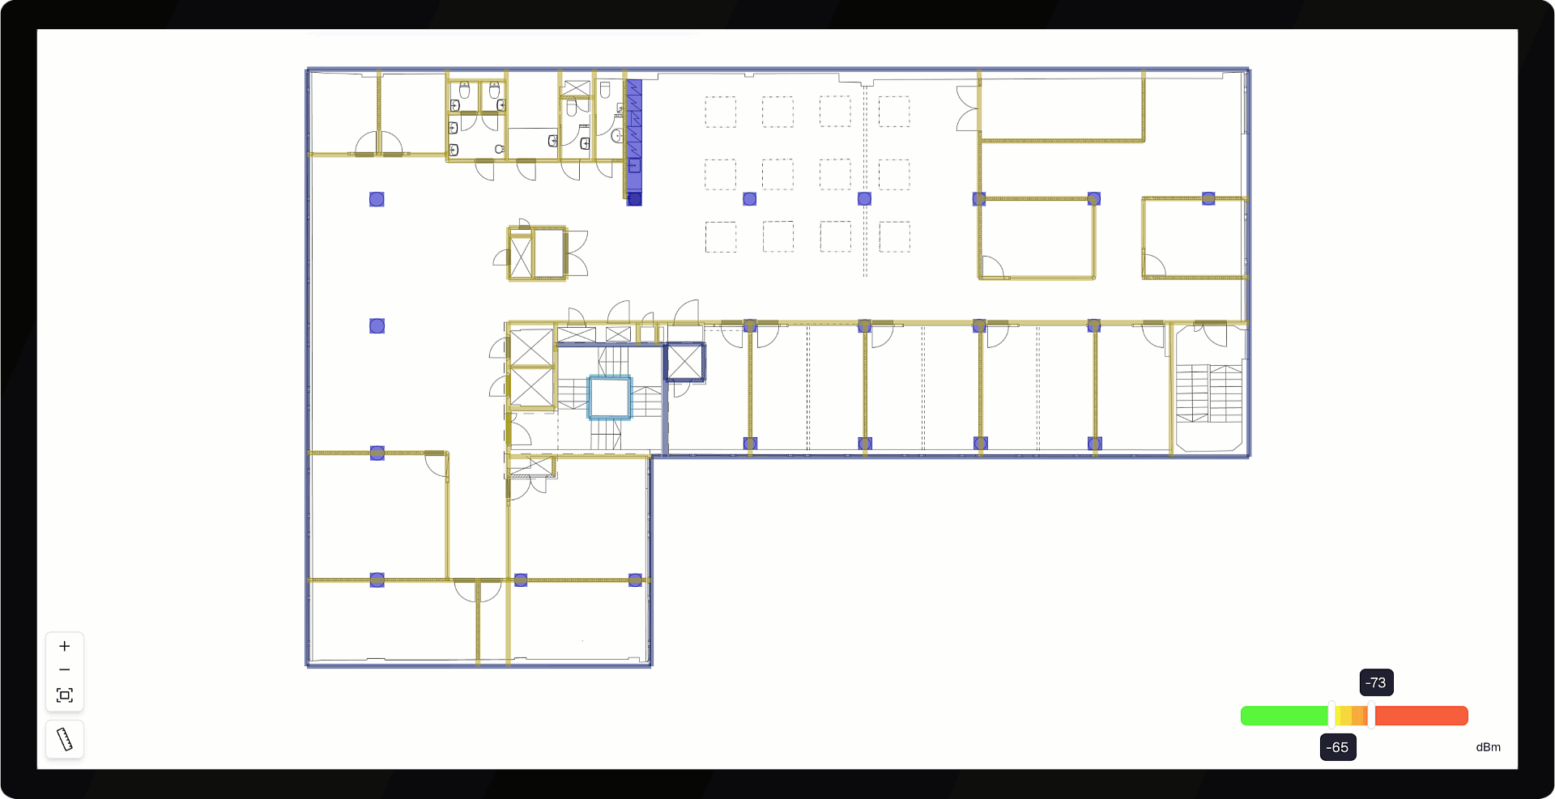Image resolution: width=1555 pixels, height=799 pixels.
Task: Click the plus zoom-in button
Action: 65,646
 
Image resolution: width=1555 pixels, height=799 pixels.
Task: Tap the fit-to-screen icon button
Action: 65,695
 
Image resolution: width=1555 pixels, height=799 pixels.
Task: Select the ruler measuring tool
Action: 65,739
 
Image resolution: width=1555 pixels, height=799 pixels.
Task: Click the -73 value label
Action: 1376,682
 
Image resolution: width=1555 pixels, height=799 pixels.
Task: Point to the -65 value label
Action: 1338,747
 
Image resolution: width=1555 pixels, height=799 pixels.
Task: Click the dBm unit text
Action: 1488,747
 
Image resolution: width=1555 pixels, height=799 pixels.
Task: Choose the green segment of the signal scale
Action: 1284,716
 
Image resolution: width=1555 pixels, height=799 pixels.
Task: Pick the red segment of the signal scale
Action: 1421,716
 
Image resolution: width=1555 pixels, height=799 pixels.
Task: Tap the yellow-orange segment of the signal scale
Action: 1352,716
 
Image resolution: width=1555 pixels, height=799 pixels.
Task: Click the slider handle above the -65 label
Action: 1331,715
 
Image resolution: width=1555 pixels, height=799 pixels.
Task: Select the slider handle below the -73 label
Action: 1371,715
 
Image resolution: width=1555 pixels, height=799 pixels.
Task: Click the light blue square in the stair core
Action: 610,397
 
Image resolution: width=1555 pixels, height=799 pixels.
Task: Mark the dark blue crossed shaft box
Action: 684,362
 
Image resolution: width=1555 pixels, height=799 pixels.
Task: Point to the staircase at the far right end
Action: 1209,393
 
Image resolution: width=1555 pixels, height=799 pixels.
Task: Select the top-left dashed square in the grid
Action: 720,112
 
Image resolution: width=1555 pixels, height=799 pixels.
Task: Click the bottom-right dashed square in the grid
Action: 894,236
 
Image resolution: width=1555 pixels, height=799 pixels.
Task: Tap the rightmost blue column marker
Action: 1208,198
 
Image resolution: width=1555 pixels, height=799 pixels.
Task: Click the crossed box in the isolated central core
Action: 521,257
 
